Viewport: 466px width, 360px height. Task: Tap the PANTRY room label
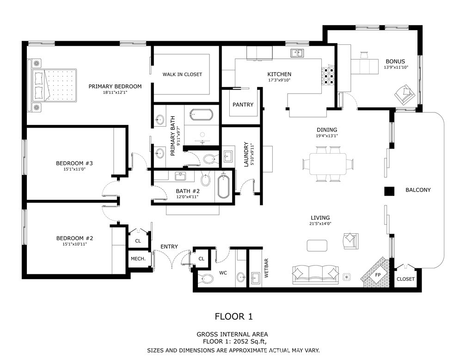tap(243, 105)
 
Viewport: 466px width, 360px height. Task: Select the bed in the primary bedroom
tap(54, 85)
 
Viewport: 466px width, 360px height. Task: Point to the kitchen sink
tap(297, 53)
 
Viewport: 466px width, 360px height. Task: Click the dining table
tap(329, 164)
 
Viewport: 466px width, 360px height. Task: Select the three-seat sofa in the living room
tap(315, 273)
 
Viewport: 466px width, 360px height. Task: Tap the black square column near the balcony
tap(389, 191)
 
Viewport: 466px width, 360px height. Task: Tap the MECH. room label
tap(138, 259)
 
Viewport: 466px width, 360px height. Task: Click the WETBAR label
tap(266, 271)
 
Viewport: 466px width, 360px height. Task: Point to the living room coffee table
tap(318, 244)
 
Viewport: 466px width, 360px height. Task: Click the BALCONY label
tap(417, 190)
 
